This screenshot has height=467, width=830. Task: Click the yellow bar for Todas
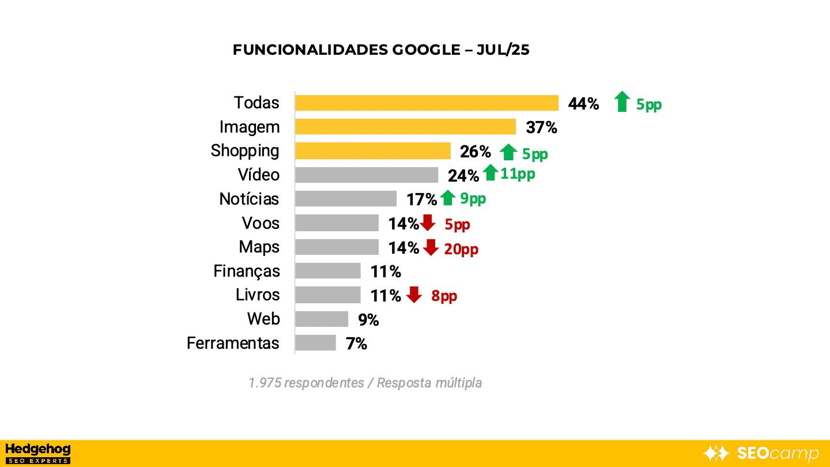427,103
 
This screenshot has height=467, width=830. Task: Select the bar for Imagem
405,127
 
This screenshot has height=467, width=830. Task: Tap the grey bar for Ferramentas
315,343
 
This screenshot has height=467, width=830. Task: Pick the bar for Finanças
327,271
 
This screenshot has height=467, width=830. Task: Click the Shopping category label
245,150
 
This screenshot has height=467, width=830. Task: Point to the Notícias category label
249,199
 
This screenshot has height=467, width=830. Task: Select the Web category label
263,319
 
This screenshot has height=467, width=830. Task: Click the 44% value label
583,104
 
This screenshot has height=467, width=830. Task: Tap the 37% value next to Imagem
541,127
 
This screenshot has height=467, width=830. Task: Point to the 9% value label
368,319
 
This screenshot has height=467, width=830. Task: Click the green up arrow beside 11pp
491,172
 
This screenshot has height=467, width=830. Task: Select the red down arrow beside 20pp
431,247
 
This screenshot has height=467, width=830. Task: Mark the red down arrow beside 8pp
414,295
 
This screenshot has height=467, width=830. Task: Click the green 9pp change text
473,198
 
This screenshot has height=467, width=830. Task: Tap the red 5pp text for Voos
457,224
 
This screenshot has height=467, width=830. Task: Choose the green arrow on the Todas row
621,101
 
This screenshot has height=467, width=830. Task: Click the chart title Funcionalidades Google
381,50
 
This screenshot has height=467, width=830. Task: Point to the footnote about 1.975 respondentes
365,383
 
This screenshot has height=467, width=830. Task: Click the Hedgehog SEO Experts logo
37,453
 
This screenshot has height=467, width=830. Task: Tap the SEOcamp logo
761,453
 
